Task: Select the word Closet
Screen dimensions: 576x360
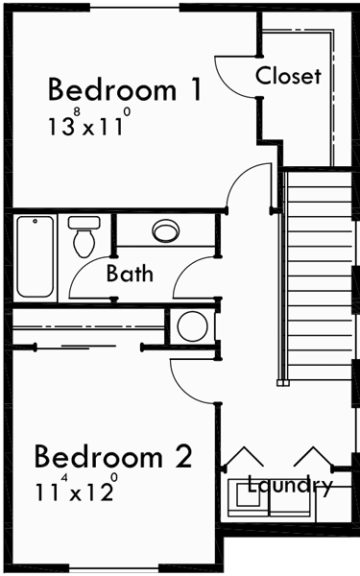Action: pos(288,76)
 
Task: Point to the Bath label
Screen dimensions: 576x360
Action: pos(130,274)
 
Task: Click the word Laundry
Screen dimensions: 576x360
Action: pos(290,485)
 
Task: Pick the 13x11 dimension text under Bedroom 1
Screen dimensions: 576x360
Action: pos(85,125)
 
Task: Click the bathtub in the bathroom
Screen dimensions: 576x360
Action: pos(36,256)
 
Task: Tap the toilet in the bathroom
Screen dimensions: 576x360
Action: pos(84,235)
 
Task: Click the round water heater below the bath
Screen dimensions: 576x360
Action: pos(193,326)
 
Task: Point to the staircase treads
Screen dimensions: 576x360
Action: pos(321,278)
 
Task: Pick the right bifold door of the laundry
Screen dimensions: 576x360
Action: pos(312,457)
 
